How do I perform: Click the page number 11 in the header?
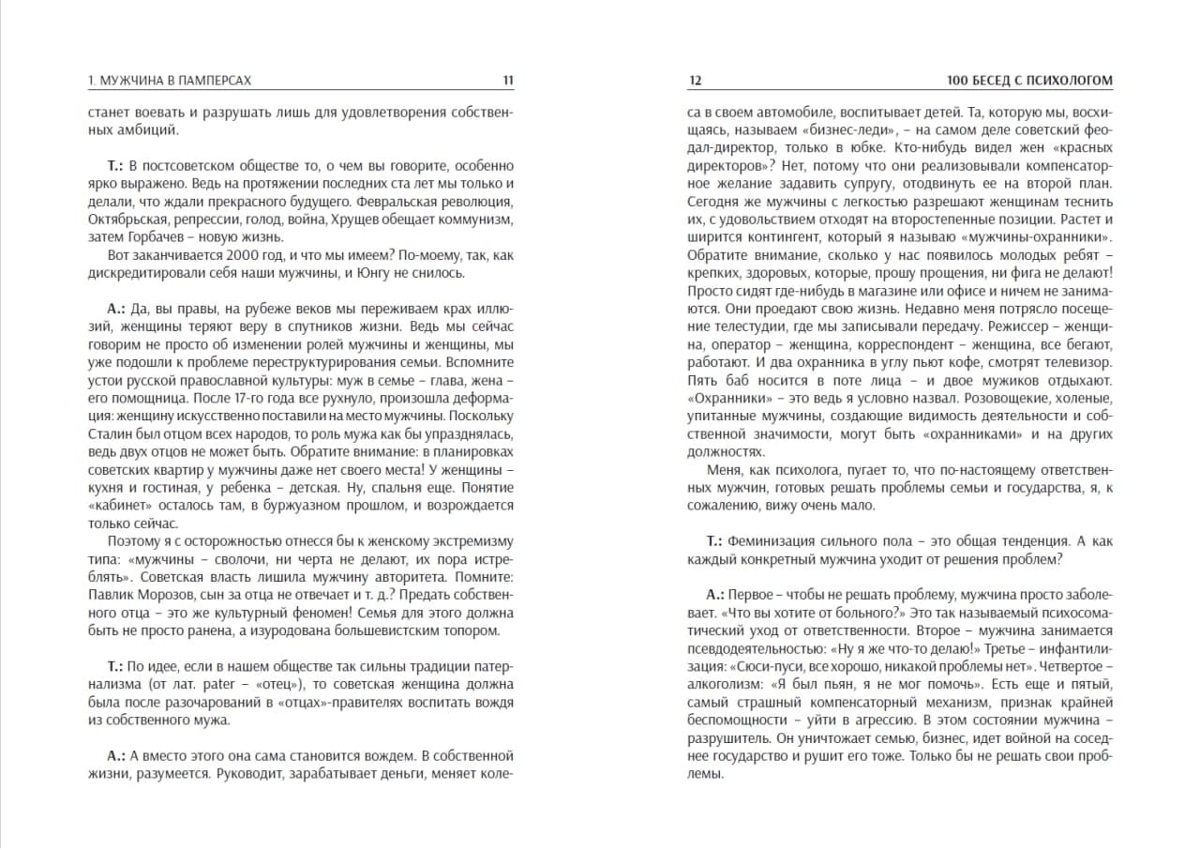click(508, 81)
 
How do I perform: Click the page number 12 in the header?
click(695, 81)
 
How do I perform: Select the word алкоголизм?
click(724, 684)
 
